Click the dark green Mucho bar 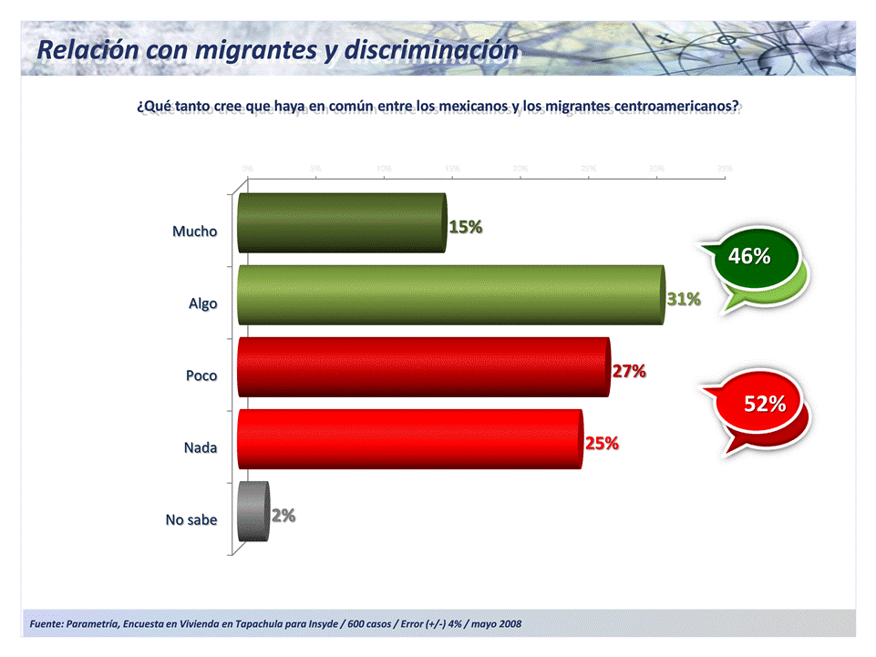(342, 222)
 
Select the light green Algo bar (450, 294)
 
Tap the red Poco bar (423, 366)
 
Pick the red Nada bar (409, 438)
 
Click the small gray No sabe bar (252, 511)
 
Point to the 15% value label (465, 228)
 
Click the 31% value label (683, 299)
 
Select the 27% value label (628, 371)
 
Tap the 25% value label (602, 444)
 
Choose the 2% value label (283, 516)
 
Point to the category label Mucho (195, 231)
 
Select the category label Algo (202, 303)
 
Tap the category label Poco (201, 375)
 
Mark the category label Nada (200, 447)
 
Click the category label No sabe (191, 519)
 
